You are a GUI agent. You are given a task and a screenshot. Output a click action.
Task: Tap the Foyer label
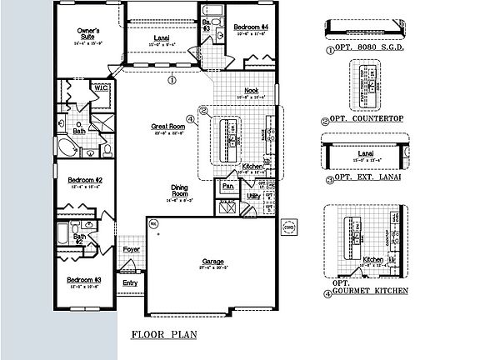pos(132,248)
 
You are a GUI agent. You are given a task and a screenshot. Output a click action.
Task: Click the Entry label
pos(130,282)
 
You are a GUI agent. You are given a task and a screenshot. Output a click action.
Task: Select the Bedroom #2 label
pos(84,181)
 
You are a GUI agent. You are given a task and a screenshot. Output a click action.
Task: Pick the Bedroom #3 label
pos(84,279)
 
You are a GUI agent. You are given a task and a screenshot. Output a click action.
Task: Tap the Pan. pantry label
pos(227,187)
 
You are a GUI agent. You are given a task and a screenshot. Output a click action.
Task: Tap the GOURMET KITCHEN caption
pos(370,291)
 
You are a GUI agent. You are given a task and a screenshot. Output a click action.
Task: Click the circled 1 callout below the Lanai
pos(171,81)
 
